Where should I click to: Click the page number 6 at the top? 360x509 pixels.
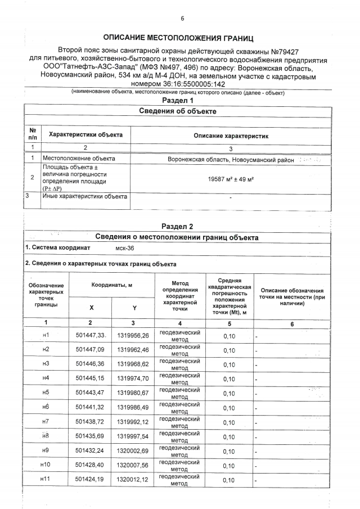tap(182, 19)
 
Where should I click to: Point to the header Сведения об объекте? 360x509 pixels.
tap(177, 111)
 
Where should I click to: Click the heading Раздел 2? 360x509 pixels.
tap(177, 226)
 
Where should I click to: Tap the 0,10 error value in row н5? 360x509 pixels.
tap(229, 393)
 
